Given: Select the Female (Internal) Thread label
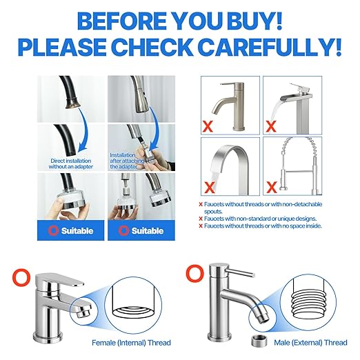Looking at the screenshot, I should (130, 342).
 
